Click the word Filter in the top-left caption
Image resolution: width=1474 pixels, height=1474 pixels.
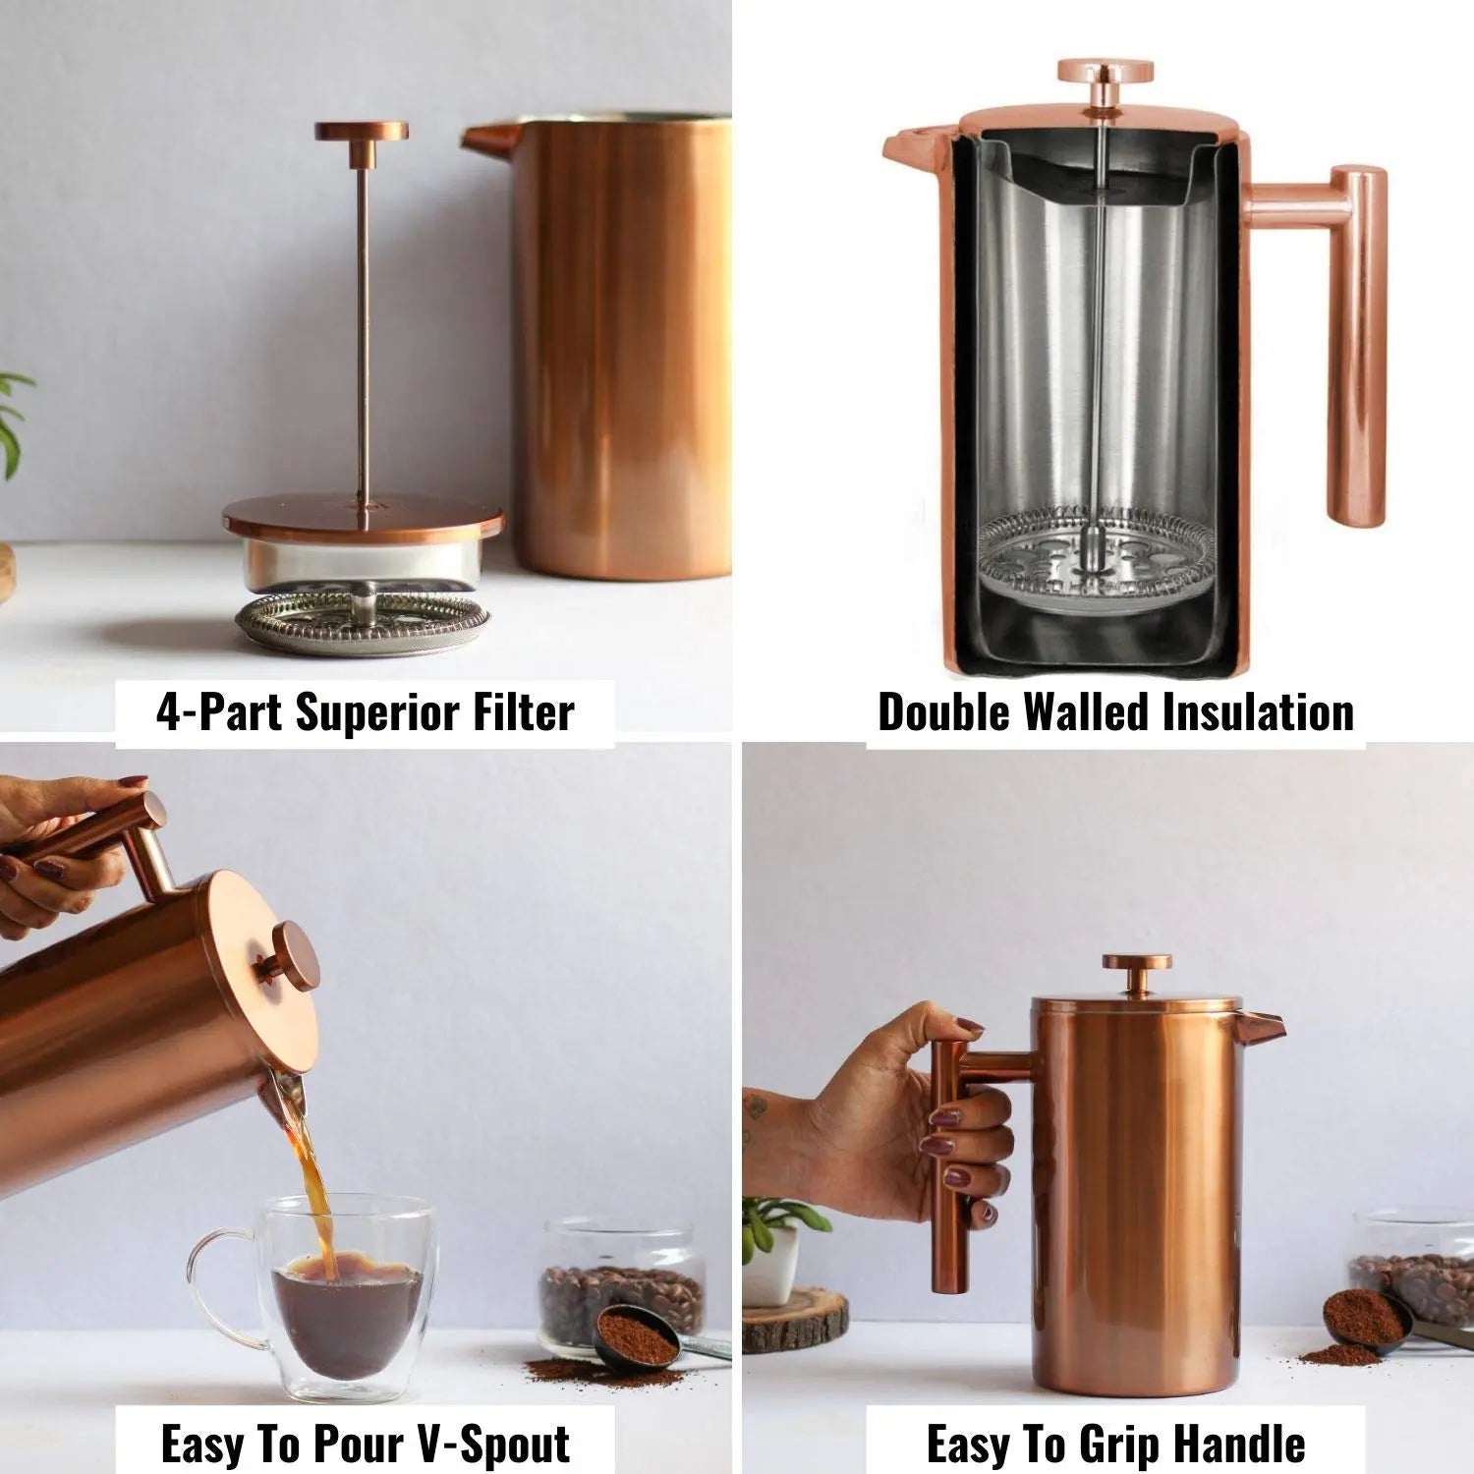tap(523, 711)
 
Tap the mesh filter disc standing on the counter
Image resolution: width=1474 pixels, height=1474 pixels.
tap(363, 621)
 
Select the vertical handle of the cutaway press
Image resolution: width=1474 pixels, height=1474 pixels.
tap(1359, 344)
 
